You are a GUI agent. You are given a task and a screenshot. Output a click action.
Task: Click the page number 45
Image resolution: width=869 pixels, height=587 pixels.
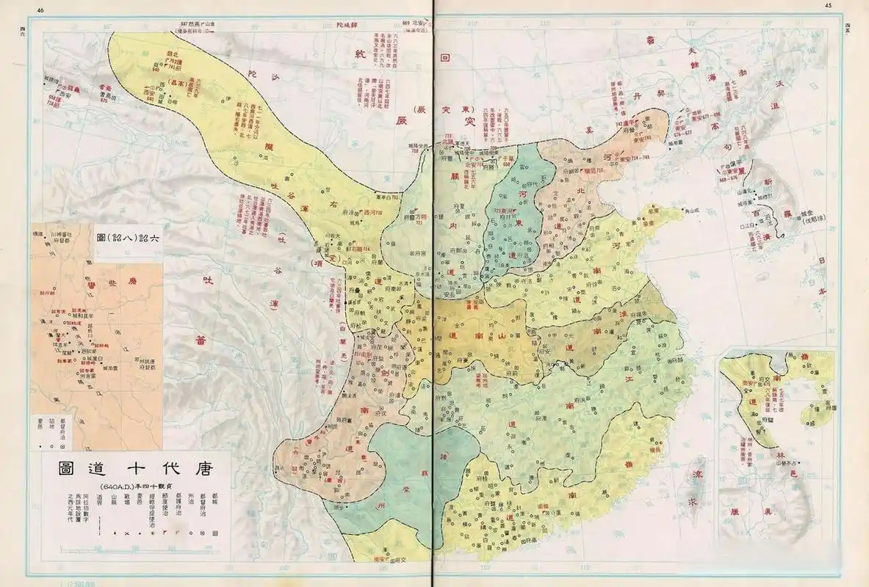(x=828, y=6)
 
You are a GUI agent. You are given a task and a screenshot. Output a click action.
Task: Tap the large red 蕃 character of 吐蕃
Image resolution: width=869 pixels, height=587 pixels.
(x=200, y=340)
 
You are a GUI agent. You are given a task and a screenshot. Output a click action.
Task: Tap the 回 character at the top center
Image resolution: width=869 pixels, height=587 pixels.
(x=444, y=56)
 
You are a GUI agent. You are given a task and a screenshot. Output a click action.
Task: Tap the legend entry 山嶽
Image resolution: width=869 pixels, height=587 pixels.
(x=114, y=503)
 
